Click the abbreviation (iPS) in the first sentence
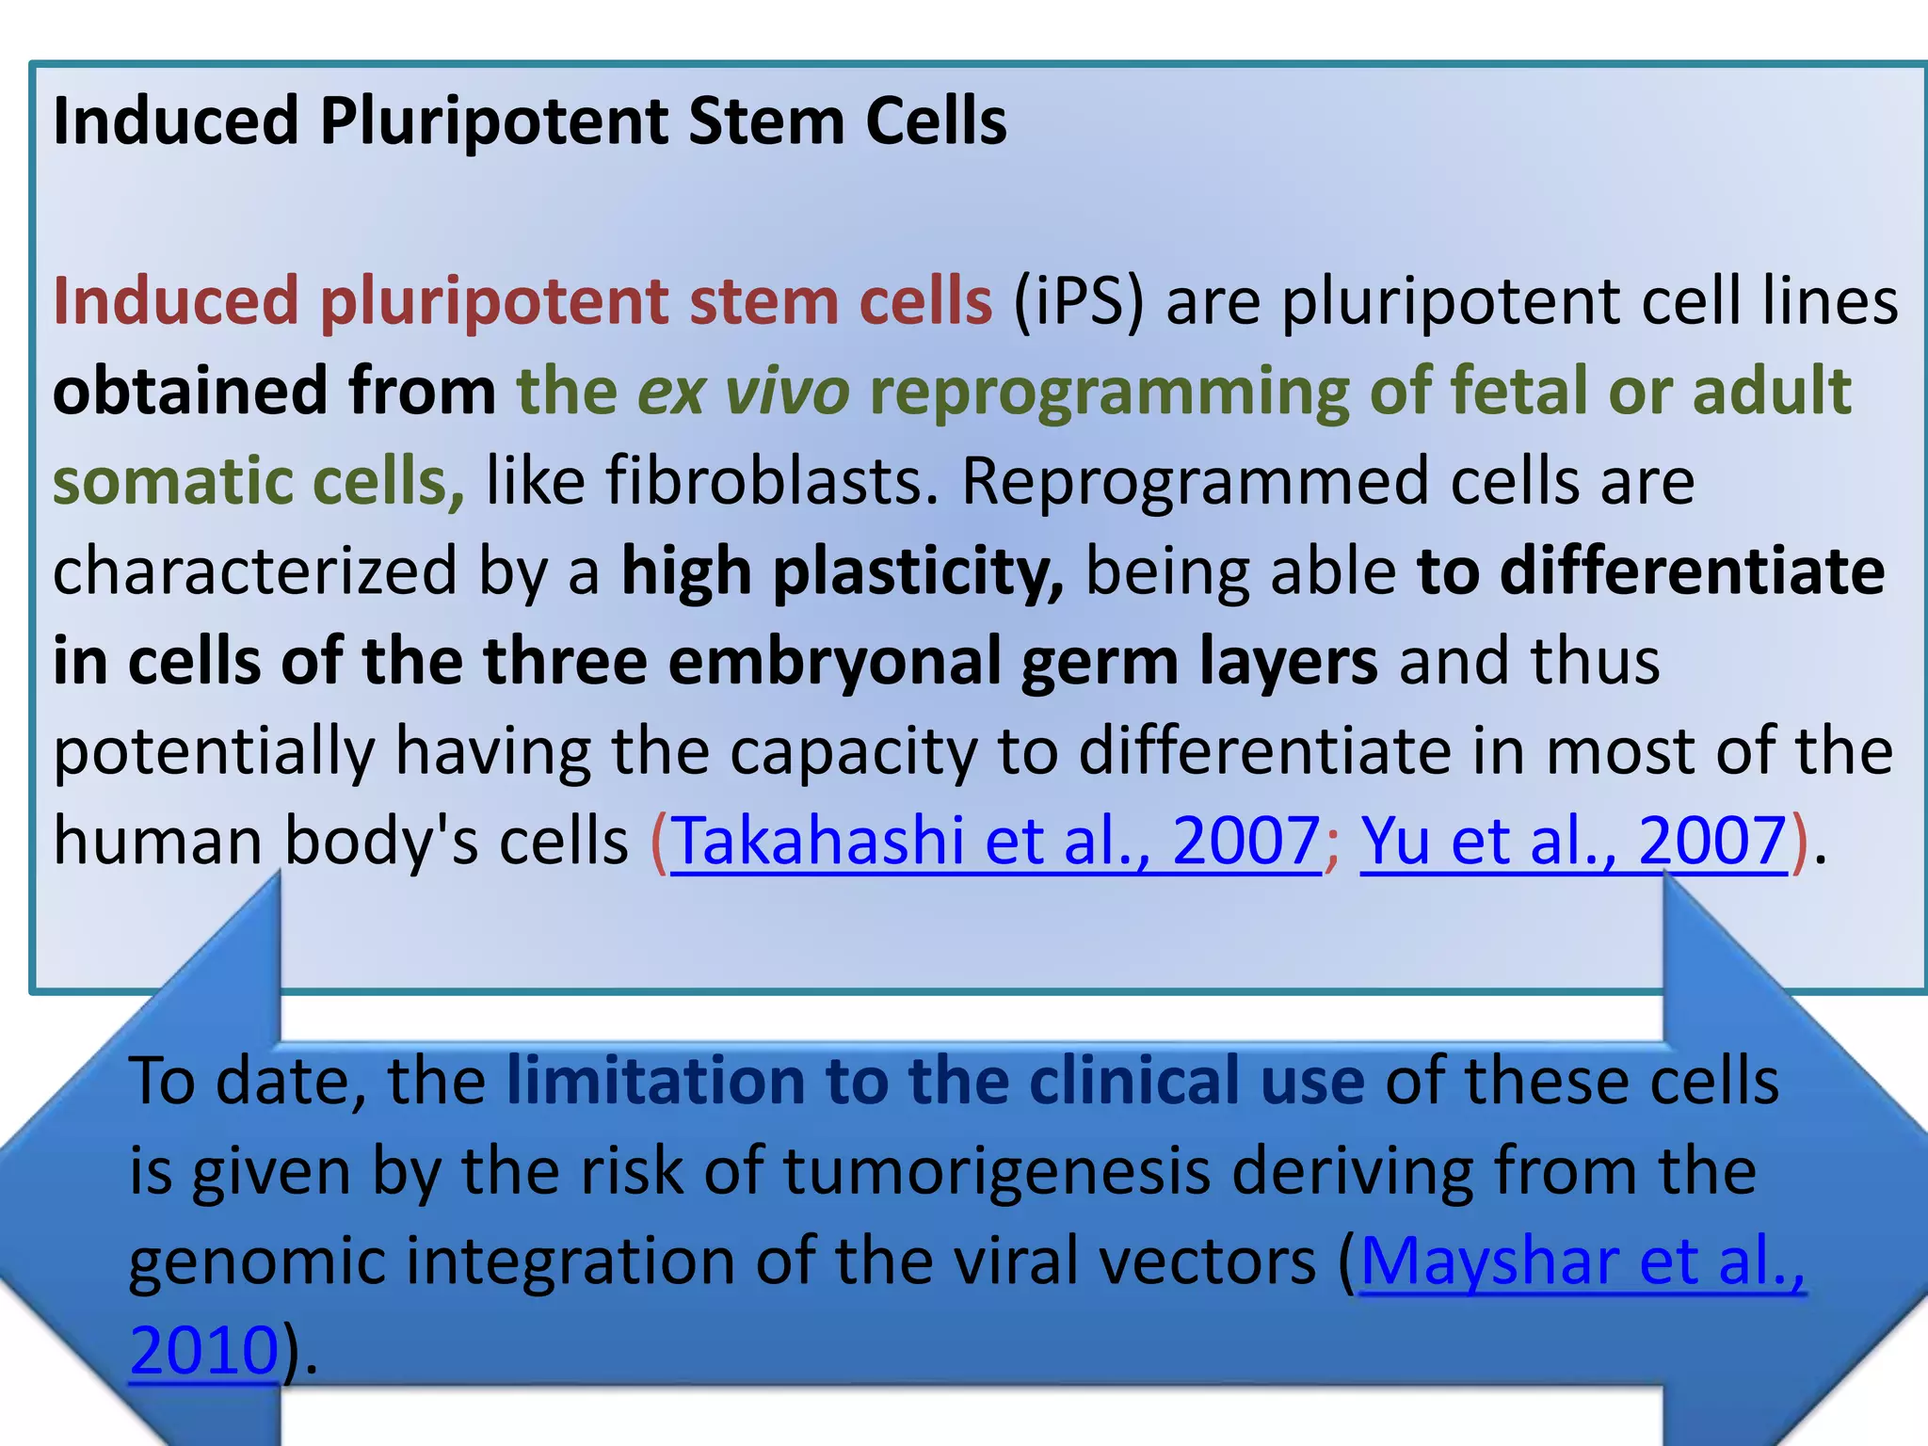pyautogui.click(x=1078, y=302)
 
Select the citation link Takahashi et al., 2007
pyautogui.click(x=995, y=841)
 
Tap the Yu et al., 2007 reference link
pyautogui.click(x=1573, y=841)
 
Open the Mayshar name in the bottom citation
pyautogui.click(x=1489, y=1261)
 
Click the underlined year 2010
pyautogui.click(x=204, y=1350)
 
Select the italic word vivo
pyautogui.click(x=787, y=392)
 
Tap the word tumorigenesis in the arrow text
pyautogui.click(x=996, y=1171)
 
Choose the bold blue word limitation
pyautogui.click(x=655, y=1081)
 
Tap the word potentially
pyautogui.click(x=214, y=751)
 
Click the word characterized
pyautogui.click(x=254, y=571)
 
